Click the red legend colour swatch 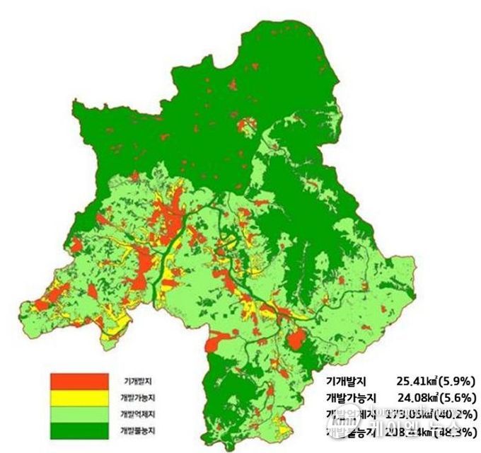click(79, 382)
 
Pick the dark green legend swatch click(79, 429)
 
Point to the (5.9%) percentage click(456, 382)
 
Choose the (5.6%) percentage click(456, 398)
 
